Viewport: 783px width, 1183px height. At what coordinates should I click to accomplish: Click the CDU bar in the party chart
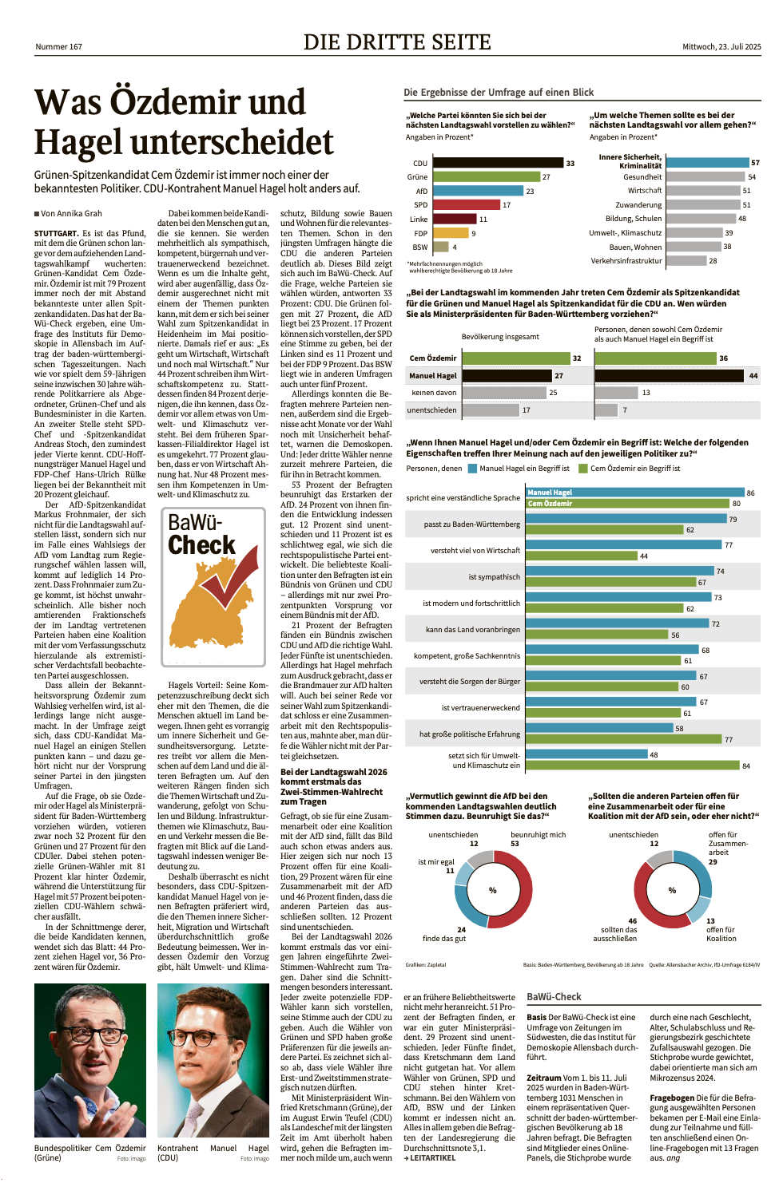click(497, 163)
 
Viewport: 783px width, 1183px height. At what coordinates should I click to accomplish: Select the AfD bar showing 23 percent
click(478, 192)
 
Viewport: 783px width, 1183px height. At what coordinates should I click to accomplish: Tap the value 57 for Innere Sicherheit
click(755, 163)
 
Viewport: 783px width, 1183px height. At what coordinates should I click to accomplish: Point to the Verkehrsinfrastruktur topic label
click(626, 260)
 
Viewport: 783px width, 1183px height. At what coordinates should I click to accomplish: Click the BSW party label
click(419, 247)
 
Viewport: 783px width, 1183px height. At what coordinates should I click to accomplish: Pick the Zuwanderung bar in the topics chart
click(702, 204)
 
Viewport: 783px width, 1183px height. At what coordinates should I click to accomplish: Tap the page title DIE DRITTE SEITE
click(397, 42)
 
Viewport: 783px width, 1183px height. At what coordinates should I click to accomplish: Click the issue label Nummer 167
click(58, 47)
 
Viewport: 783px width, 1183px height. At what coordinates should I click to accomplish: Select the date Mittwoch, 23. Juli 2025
click(721, 47)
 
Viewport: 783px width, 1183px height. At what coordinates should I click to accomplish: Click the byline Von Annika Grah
click(70, 213)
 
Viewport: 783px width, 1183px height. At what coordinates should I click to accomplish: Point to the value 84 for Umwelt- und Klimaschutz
click(746, 766)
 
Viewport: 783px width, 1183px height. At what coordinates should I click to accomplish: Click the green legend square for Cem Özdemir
click(583, 469)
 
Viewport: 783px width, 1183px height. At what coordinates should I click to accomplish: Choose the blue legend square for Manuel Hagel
click(472, 469)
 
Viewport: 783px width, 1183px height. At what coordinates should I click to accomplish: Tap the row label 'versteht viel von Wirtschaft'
click(475, 550)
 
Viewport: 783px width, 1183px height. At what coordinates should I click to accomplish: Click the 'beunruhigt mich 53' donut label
click(538, 838)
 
